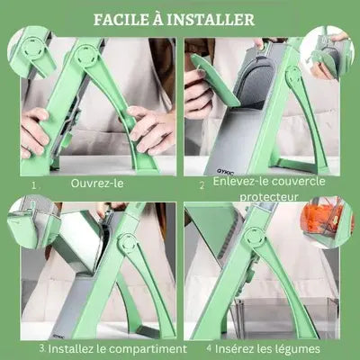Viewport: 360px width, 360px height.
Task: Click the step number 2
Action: coord(202,184)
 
